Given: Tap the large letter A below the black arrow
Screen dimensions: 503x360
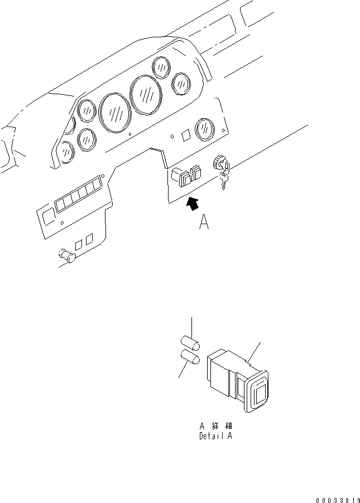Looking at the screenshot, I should point(204,224).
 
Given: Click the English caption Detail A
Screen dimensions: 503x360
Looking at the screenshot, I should point(215,436).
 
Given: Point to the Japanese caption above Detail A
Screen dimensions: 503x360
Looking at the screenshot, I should point(215,427).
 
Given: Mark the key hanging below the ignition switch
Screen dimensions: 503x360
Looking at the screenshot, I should point(223,181).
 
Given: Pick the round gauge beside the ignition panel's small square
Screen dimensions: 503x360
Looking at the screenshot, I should point(205,129).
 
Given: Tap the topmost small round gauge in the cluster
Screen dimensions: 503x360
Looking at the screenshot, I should point(161,67).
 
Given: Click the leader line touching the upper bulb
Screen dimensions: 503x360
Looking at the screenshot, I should point(193,326).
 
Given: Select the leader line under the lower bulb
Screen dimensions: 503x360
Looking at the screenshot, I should point(183,370).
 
